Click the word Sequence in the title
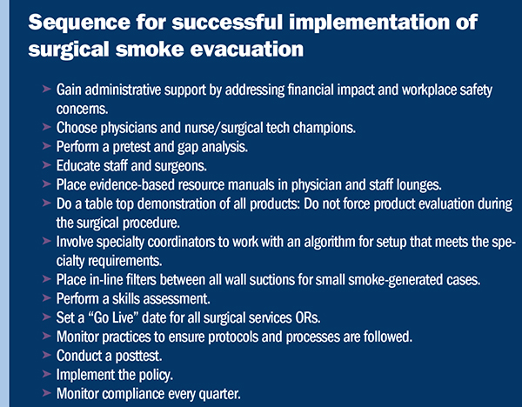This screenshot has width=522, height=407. (x=79, y=23)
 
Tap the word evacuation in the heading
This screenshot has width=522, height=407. (x=247, y=50)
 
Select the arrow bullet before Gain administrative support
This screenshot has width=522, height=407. (x=47, y=89)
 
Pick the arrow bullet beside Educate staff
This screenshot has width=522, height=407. (x=47, y=164)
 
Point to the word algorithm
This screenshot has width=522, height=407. (x=330, y=243)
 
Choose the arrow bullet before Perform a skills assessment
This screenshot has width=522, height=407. (x=47, y=297)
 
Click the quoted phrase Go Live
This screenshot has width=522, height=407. (x=113, y=317)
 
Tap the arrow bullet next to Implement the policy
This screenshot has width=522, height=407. (x=47, y=374)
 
